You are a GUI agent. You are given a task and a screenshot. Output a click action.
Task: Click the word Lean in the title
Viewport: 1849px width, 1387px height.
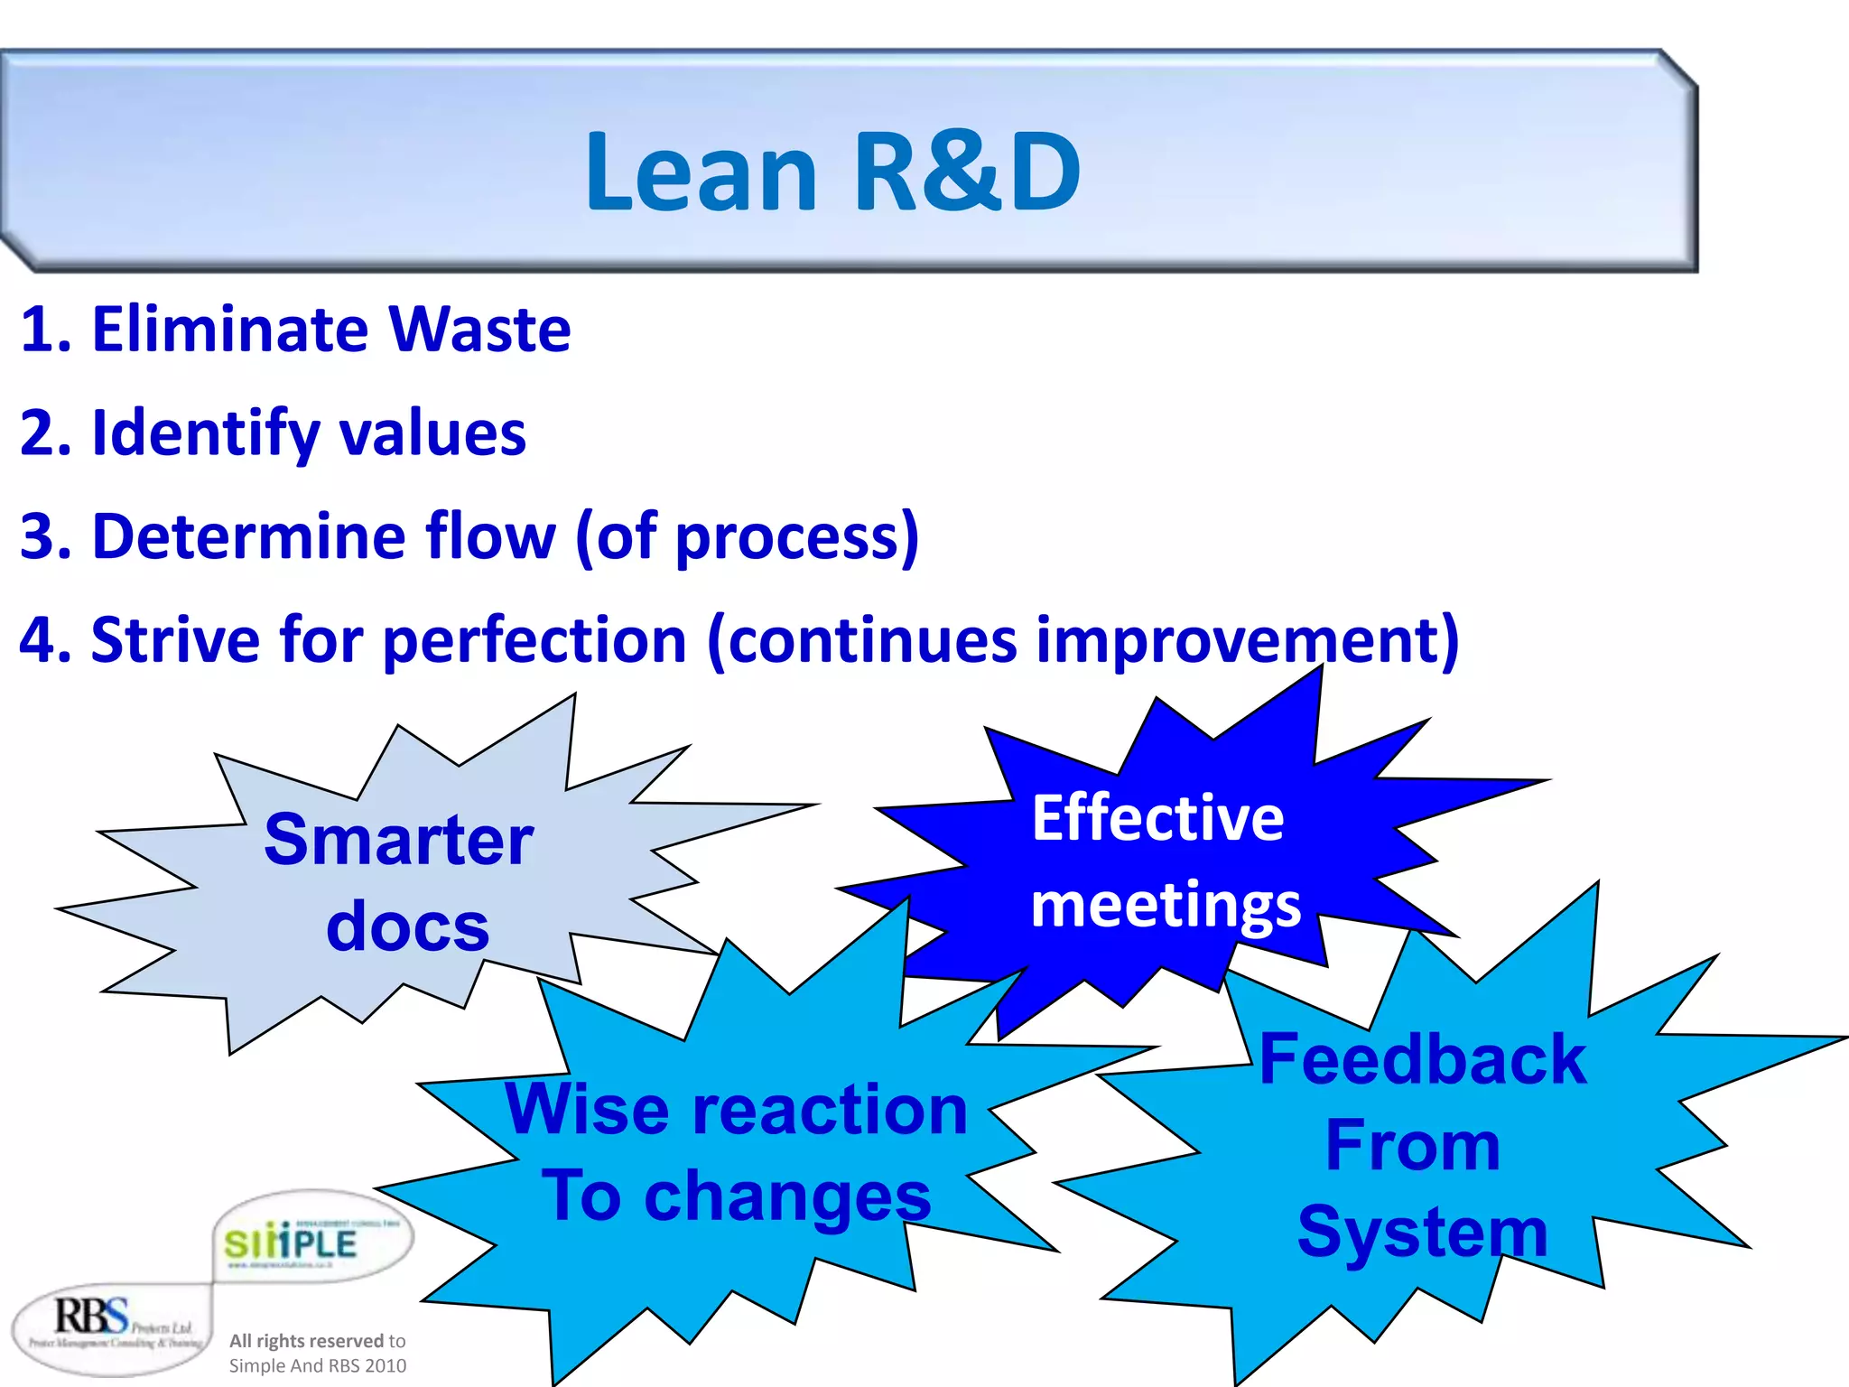pos(701,172)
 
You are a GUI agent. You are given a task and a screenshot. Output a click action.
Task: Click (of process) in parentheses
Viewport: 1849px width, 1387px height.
pos(747,538)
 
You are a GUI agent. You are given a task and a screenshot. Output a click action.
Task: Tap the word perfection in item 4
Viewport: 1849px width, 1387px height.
pos(534,642)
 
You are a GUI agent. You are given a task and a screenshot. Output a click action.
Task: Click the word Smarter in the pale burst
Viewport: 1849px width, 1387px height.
pos(398,840)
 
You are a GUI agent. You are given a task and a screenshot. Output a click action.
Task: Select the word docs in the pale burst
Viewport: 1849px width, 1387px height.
pos(407,926)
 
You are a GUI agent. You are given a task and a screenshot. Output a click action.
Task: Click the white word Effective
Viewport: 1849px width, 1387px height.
pos(1157,818)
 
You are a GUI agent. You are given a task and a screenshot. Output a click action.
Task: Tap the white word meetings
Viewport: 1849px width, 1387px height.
pos(1166,905)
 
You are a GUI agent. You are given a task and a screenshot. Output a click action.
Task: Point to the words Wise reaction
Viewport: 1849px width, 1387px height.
pos(736,1109)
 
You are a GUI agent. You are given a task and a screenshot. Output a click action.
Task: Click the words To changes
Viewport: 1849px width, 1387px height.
pos(736,1196)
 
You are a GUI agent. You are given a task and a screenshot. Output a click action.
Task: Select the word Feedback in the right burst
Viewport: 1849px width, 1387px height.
pos(1422,1059)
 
